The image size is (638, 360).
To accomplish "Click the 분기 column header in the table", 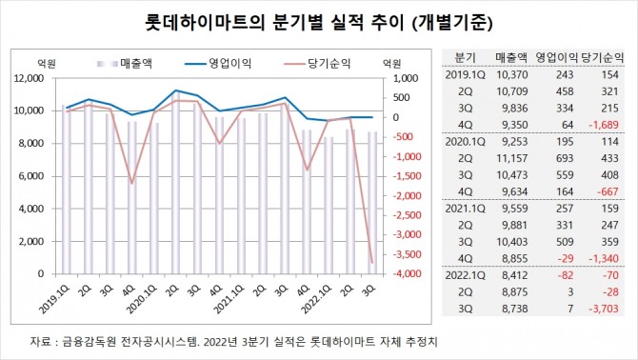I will [x=466, y=57].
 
